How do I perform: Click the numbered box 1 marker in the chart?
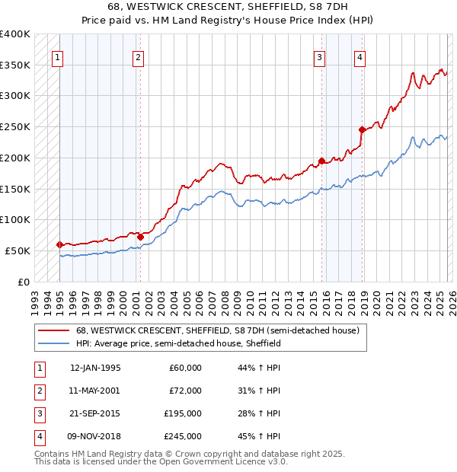point(58,56)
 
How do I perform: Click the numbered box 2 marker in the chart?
point(137,56)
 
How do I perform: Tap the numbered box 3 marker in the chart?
point(319,56)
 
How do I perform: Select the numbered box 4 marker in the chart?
point(359,56)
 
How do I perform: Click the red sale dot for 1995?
point(59,244)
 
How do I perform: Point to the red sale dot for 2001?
point(140,237)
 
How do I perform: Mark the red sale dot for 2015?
point(321,161)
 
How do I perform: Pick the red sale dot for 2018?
point(362,129)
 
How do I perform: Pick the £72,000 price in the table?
point(184,390)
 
